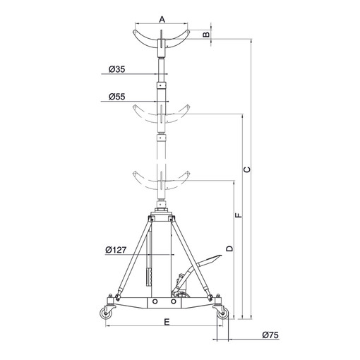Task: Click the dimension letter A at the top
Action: tap(162, 19)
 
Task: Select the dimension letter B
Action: tap(206, 35)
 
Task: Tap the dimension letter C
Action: tap(247, 169)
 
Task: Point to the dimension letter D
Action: tap(229, 248)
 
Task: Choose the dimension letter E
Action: tap(167, 322)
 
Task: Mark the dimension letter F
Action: tap(239, 215)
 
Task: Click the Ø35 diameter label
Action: tap(116, 69)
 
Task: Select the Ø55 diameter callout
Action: tap(116, 97)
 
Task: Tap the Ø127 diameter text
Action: tap(116, 250)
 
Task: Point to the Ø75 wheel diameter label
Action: tap(270, 335)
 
